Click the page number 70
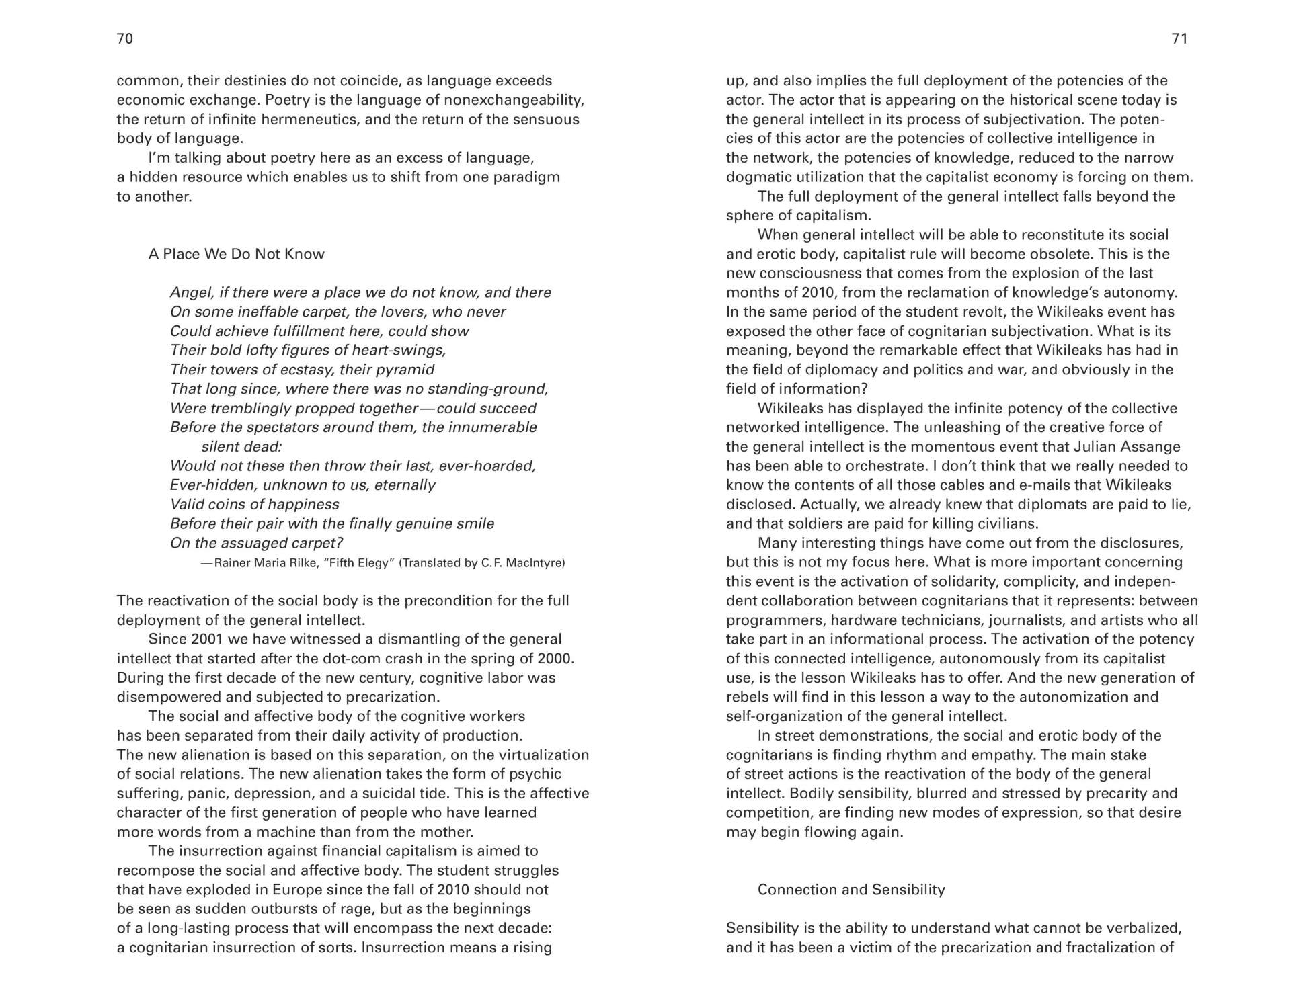[x=125, y=39]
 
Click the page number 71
[x=1179, y=39]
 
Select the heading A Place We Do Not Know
[x=236, y=254]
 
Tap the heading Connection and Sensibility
[x=851, y=890]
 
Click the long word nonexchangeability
[x=512, y=100]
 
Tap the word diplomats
[x=1053, y=505]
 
